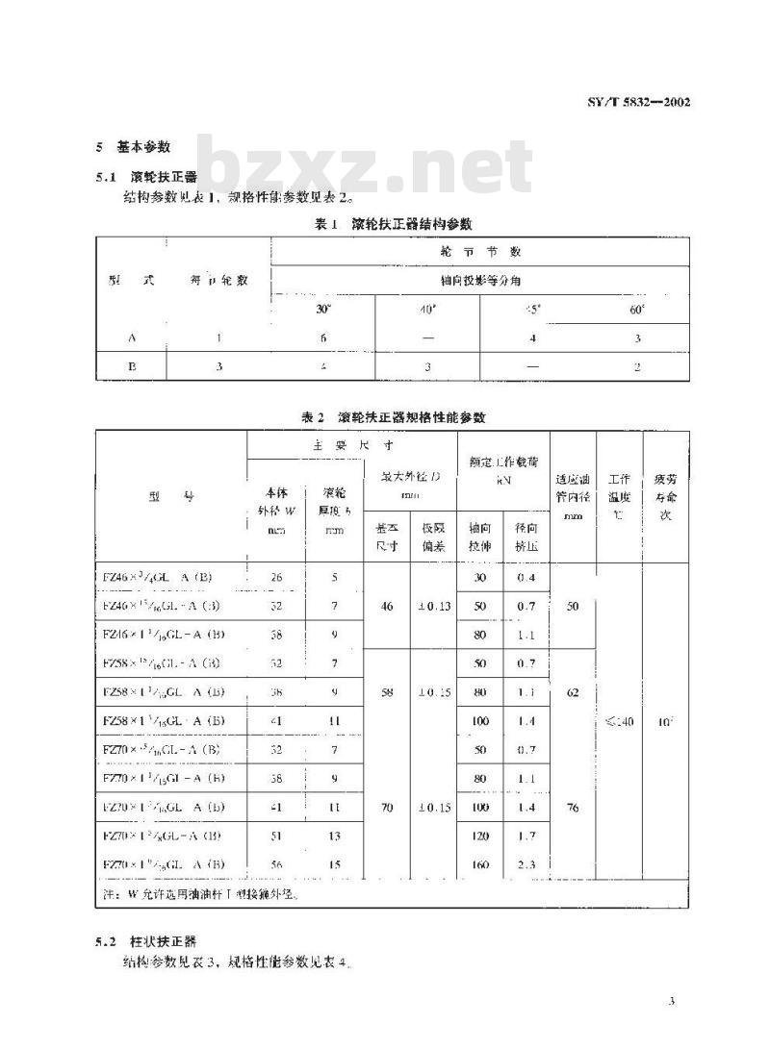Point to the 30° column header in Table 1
pyautogui.click(x=322, y=311)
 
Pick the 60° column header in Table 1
pyautogui.click(x=637, y=311)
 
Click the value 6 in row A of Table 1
pyautogui.click(x=322, y=338)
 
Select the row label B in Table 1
pyautogui.click(x=131, y=365)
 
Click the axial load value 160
pyautogui.click(x=480, y=864)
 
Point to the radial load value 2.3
pyautogui.click(x=526, y=864)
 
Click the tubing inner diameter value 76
pyautogui.click(x=573, y=809)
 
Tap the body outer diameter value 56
pyautogui.click(x=276, y=864)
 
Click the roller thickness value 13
pyautogui.click(x=334, y=837)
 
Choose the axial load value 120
pyautogui.click(x=480, y=837)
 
